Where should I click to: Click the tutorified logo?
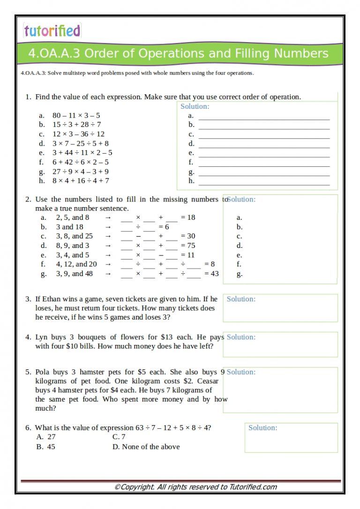click(52, 31)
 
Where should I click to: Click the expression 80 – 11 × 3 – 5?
click(76, 115)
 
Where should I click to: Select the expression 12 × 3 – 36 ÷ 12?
click(78, 134)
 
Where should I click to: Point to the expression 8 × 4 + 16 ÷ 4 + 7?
click(81, 180)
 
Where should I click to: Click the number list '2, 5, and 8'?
click(73, 217)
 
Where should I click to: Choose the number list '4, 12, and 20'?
click(76, 264)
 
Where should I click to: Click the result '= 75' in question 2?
click(188, 246)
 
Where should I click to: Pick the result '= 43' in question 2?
click(211, 274)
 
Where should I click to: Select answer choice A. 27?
click(46, 437)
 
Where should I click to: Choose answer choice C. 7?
click(119, 437)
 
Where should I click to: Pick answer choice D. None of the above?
click(146, 447)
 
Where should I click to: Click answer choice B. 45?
click(45, 447)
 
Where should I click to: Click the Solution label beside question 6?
click(262, 427)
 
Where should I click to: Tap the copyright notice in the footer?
click(195, 487)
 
